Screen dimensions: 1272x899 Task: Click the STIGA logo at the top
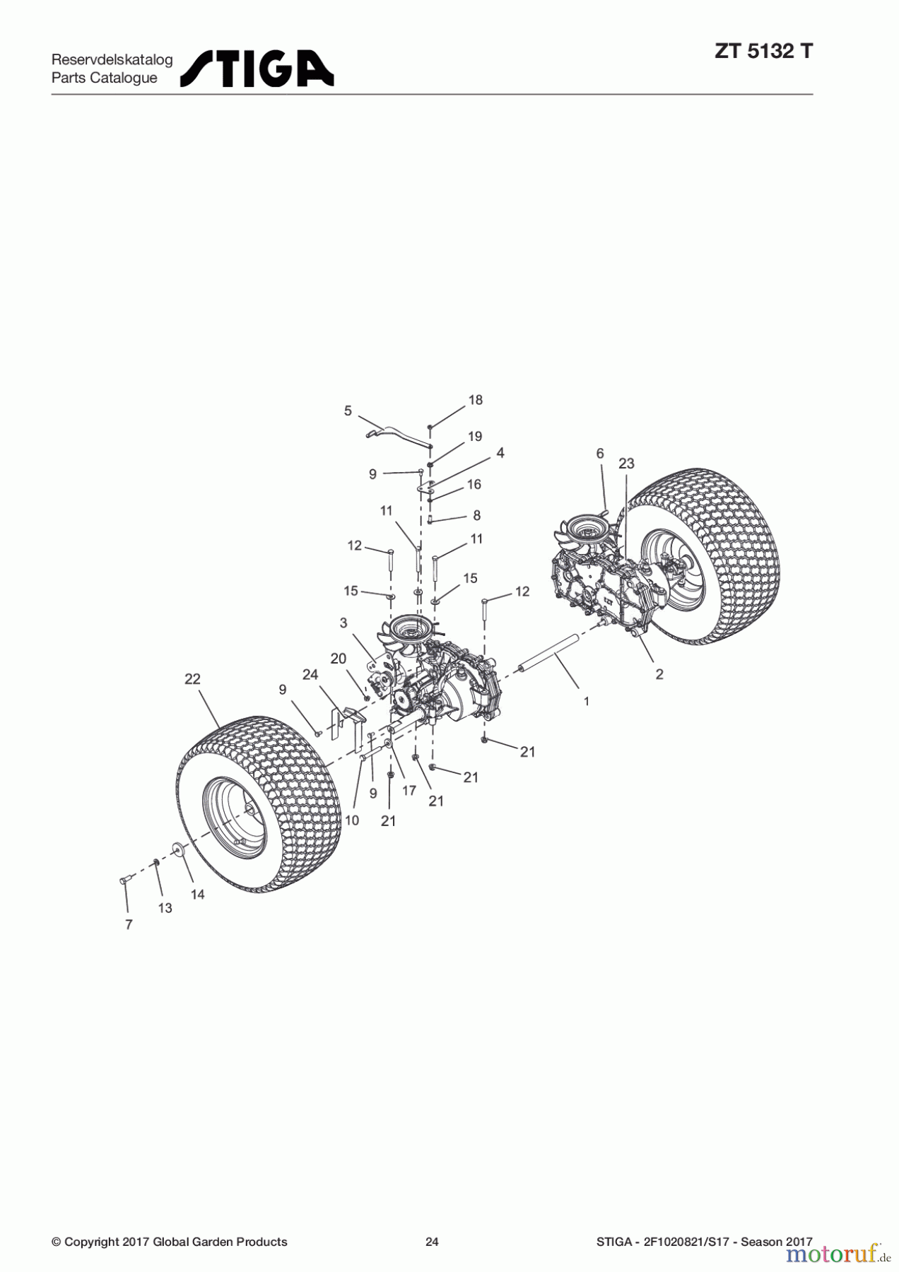257,69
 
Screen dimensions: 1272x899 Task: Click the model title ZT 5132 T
763,52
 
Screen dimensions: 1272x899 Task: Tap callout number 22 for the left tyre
192,679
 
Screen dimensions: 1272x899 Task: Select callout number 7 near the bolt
129,924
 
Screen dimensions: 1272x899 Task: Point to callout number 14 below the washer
198,895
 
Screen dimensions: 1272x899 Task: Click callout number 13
165,908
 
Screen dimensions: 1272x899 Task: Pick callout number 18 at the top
476,400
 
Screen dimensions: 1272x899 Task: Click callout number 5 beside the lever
348,411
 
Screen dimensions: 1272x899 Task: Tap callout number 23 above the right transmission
626,464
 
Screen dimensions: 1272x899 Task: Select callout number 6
600,454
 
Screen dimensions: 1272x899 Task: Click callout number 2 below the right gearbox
659,674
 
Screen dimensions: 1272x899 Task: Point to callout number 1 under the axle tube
587,701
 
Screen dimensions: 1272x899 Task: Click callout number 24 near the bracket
310,675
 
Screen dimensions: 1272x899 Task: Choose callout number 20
339,659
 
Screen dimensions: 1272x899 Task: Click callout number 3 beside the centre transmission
343,623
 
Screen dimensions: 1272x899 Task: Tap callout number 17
409,791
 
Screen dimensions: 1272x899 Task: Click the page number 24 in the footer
432,1242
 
